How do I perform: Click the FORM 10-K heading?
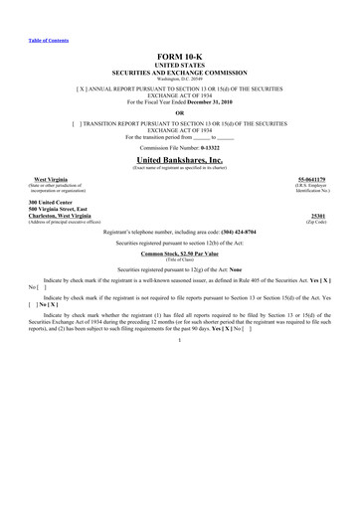coord(179,59)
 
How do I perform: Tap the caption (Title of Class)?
coord(179,261)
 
